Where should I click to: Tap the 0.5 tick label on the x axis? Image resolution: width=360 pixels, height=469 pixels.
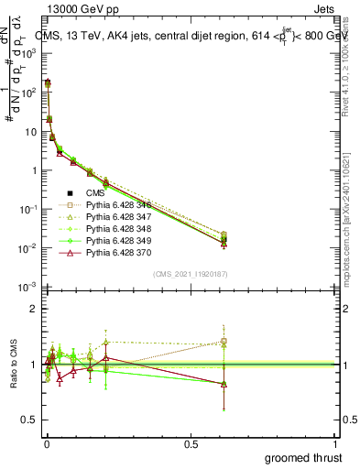pos(191,444)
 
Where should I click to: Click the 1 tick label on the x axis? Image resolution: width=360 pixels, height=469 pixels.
pos(336,444)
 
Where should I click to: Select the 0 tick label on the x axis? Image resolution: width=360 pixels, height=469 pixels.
pos(46,444)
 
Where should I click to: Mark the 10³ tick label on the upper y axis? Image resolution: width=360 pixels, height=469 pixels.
pos(27,53)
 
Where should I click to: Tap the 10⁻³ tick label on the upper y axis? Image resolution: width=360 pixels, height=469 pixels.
pos(27,288)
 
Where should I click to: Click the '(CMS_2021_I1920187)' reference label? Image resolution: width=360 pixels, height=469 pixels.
pos(190,274)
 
